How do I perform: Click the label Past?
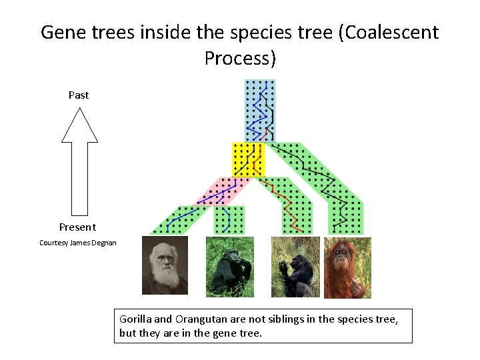click(x=79, y=95)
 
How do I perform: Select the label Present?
click(x=77, y=227)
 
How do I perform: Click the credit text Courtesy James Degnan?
click(x=77, y=243)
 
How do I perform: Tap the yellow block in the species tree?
click(x=248, y=159)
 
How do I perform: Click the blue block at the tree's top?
click(x=259, y=110)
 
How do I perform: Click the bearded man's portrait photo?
click(x=165, y=265)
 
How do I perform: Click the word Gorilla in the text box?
click(x=135, y=319)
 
